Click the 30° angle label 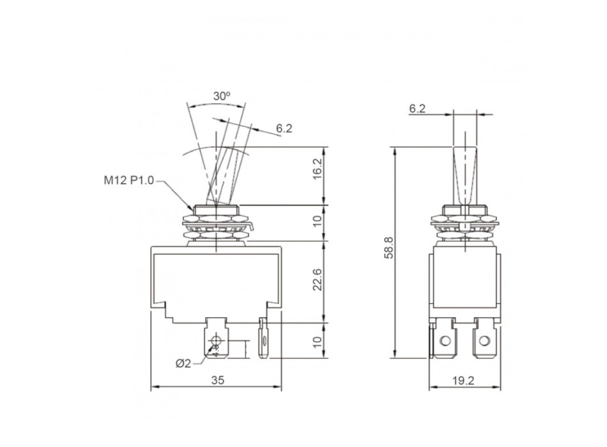pos(222,96)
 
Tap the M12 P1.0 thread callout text pos(128,181)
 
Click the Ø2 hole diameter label pos(183,363)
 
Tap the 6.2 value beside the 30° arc pos(284,128)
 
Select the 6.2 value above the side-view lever pos(417,109)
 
